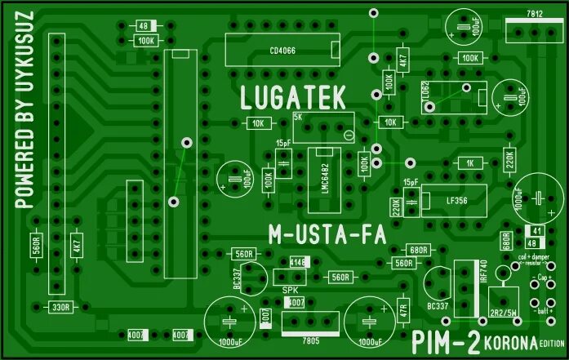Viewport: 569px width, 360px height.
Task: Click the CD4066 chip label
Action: tap(282, 51)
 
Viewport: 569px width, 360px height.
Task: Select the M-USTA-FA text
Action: tap(326, 236)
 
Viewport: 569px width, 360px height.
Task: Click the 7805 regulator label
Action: tap(310, 340)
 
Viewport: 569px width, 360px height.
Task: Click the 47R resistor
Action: tap(402, 311)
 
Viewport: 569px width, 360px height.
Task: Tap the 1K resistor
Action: tap(469, 163)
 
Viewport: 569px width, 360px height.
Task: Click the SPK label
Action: tap(290, 290)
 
